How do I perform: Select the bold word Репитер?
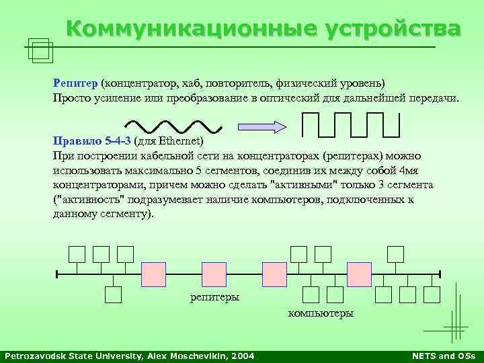75,83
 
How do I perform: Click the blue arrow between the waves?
261,125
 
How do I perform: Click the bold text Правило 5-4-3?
92,142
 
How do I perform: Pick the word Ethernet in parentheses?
177,142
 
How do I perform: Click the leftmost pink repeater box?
153,274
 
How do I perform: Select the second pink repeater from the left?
214,274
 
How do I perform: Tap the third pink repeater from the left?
274,274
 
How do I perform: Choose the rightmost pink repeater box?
359,274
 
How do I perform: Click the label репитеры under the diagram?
214,298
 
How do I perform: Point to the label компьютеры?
321,313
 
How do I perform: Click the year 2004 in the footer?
242,356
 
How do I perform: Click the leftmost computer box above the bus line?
77,254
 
